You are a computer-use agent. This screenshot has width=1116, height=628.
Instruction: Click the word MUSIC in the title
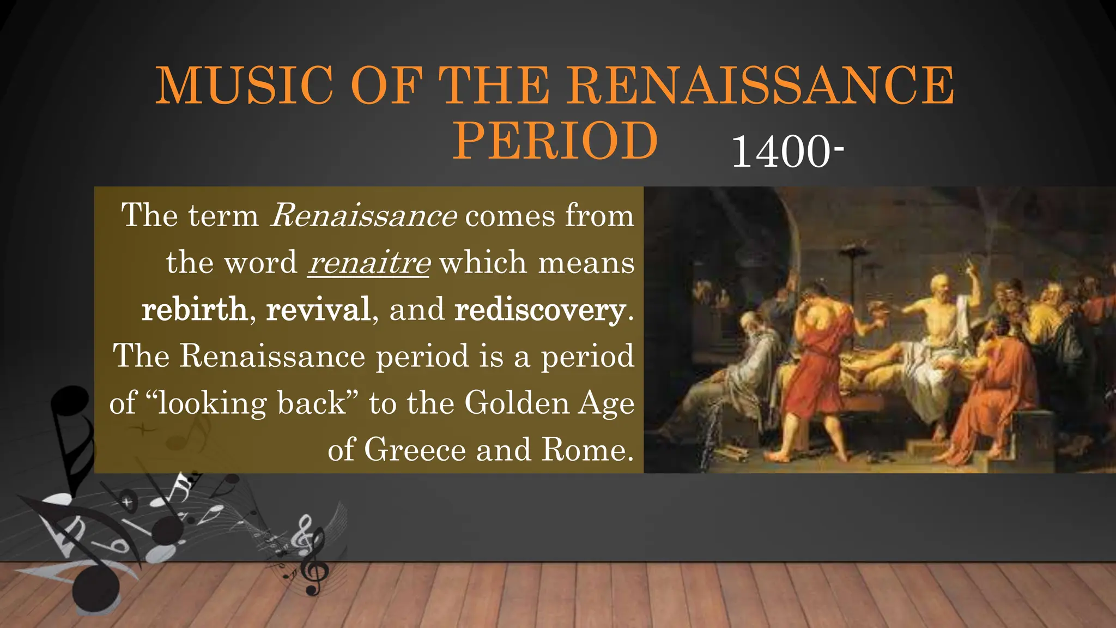tap(244, 86)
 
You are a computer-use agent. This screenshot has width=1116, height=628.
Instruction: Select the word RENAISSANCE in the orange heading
tap(761, 86)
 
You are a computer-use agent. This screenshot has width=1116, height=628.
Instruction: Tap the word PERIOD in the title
tap(555, 141)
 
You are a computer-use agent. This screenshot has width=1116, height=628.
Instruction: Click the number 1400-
tap(787, 152)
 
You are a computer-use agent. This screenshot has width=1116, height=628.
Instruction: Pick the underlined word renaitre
tap(368, 263)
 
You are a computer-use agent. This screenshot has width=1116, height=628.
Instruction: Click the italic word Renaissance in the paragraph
tap(363, 216)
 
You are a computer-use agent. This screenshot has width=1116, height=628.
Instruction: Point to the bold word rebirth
tap(194, 310)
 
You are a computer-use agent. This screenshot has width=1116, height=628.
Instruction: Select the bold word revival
tap(318, 310)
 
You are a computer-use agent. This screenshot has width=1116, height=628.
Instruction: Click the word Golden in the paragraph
tap(517, 403)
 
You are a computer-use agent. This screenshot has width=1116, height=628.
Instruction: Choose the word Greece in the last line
tap(415, 450)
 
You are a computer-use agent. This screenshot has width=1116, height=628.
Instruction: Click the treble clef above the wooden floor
tap(311, 556)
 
